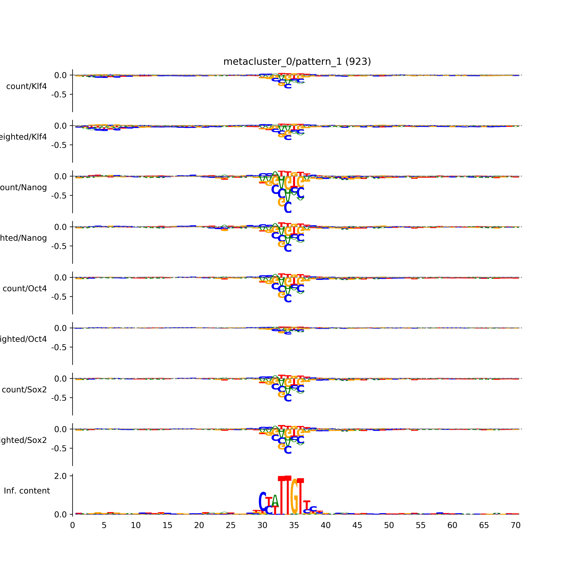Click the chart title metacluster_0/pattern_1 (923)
point(297,62)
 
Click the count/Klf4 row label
point(26,86)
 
